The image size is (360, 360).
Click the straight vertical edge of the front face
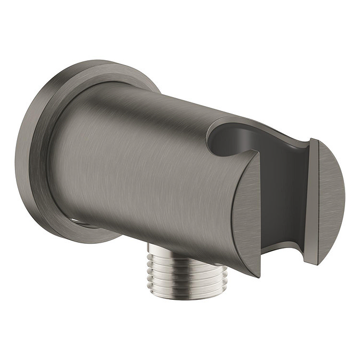coord(259,213)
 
